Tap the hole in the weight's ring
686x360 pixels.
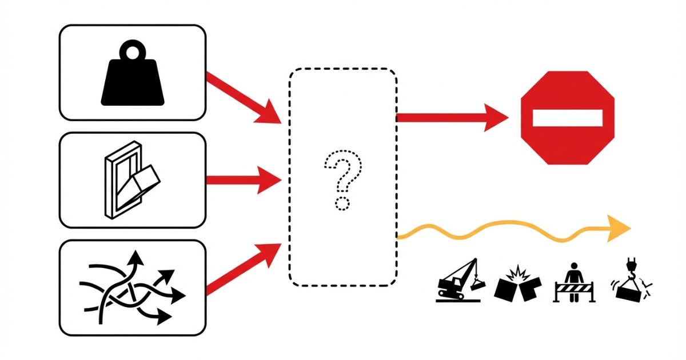tap(133, 53)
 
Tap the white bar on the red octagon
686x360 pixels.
tap(567, 118)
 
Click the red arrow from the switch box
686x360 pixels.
tap(243, 181)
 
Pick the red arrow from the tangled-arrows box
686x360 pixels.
tap(243, 269)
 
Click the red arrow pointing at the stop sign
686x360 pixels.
tap(452, 118)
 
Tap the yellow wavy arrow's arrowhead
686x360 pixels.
tap(619, 229)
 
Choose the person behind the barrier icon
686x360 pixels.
tap(574, 282)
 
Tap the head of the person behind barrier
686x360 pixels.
tap(575, 266)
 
